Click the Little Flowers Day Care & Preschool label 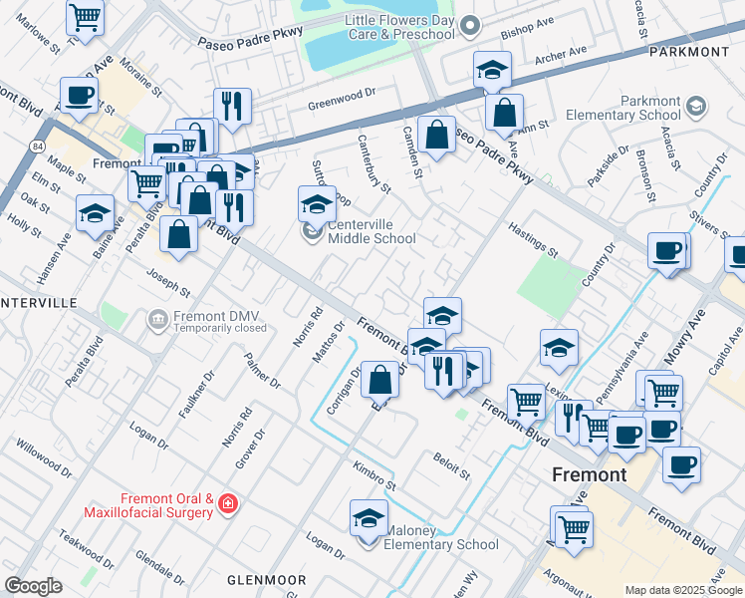click(398, 27)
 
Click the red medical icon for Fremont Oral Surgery click(231, 505)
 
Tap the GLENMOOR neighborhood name click(266, 579)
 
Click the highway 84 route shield click(37, 147)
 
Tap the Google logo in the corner click(33, 586)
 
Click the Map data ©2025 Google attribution click(683, 590)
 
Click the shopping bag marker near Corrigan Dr click(380, 380)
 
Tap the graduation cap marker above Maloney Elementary click(369, 519)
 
